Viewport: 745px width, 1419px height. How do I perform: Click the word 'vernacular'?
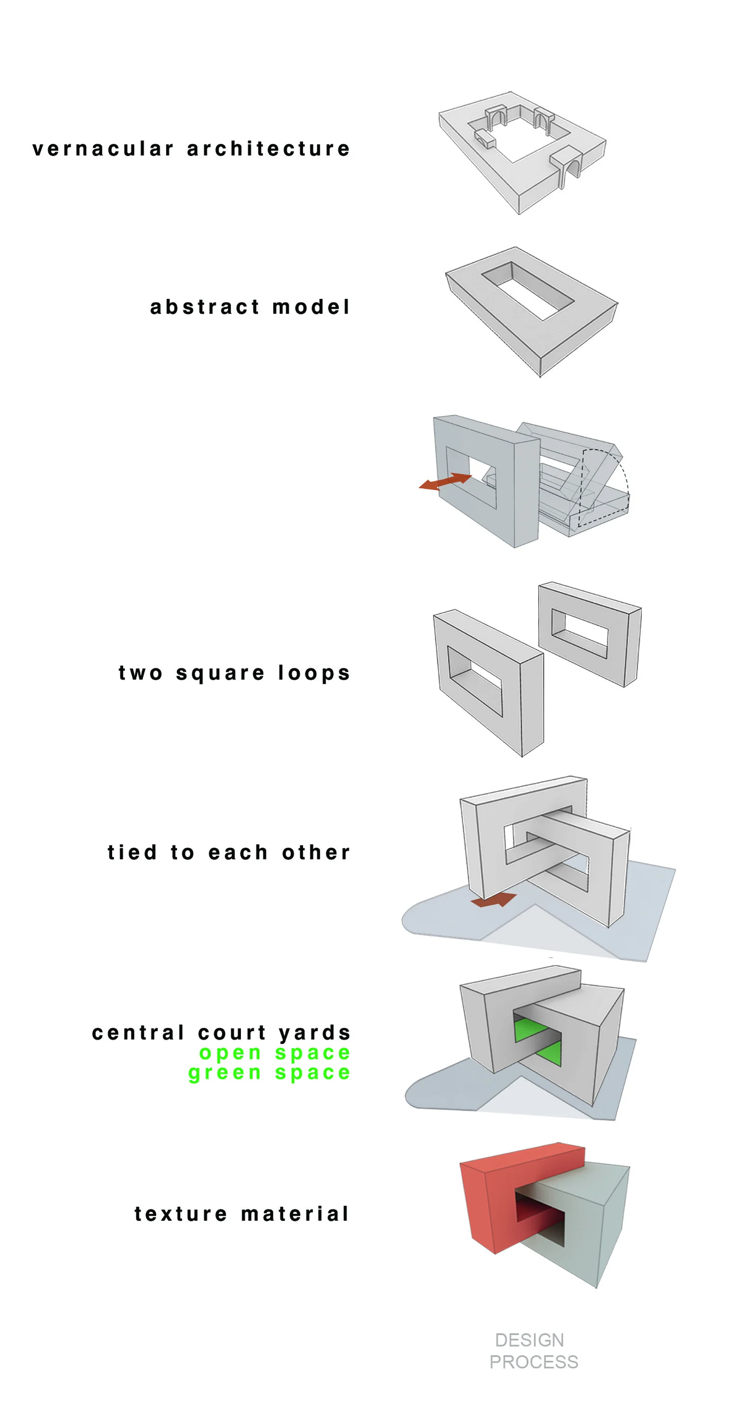(x=103, y=149)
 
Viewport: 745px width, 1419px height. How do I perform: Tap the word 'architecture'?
(x=268, y=149)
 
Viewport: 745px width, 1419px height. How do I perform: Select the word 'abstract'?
(x=204, y=307)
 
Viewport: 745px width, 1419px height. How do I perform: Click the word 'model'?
(x=311, y=307)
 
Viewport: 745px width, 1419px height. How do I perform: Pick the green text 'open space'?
(x=275, y=1053)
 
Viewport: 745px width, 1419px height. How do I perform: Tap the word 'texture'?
(x=181, y=1214)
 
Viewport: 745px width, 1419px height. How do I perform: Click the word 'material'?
(x=295, y=1214)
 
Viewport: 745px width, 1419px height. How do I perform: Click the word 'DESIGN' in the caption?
(x=529, y=1340)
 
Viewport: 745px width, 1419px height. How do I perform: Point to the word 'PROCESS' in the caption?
(x=533, y=1362)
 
